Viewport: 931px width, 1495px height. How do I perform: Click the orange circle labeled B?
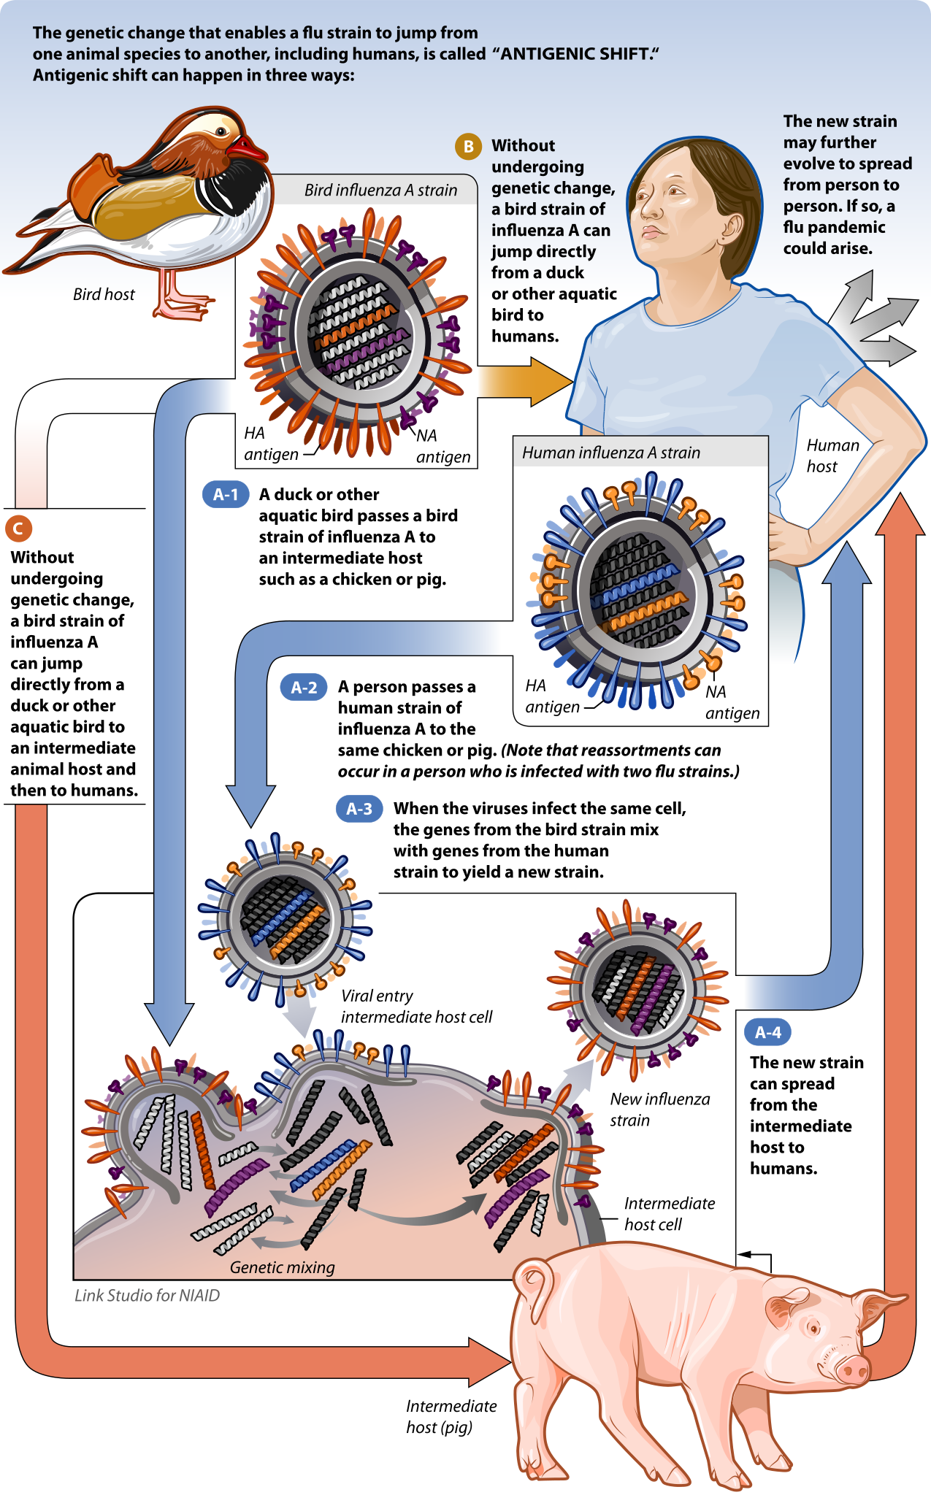(x=469, y=147)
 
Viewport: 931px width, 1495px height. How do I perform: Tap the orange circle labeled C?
(x=18, y=529)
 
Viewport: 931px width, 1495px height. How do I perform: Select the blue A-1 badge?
(x=226, y=494)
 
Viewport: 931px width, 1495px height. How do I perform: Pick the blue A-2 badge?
(x=304, y=687)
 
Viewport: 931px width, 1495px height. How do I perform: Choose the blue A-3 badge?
(x=359, y=809)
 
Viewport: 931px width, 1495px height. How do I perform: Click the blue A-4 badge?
(x=767, y=1032)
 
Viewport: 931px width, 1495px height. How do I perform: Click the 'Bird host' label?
(x=104, y=294)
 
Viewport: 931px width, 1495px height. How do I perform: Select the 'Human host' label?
(x=832, y=456)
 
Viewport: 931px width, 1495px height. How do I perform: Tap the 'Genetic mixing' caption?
(x=282, y=1267)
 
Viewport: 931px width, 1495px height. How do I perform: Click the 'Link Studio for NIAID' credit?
(x=147, y=1295)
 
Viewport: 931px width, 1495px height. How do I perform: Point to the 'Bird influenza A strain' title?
(x=380, y=190)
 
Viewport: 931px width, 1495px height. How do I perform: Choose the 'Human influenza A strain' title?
(x=610, y=453)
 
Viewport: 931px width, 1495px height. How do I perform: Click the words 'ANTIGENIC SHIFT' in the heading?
(x=574, y=54)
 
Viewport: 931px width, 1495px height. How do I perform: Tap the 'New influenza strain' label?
(x=659, y=1109)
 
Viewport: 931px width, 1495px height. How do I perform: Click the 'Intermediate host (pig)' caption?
(x=451, y=1416)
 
